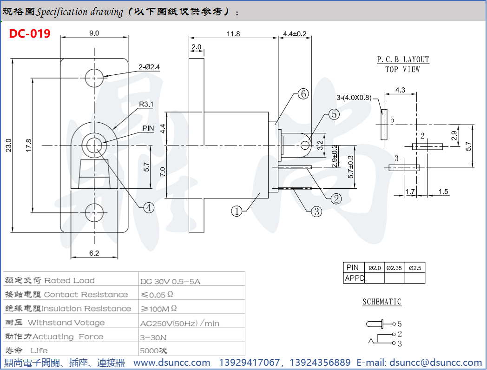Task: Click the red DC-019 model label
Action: click(x=30, y=33)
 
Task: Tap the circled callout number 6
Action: click(x=303, y=94)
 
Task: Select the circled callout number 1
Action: click(x=237, y=211)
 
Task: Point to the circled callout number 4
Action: click(x=148, y=208)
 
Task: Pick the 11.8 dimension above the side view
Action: click(x=233, y=34)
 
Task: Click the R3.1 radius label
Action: click(x=146, y=105)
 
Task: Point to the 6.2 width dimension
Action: click(x=94, y=253)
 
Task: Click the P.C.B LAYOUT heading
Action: click(x=403, y=59)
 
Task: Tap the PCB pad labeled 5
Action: click(x=384, y=125)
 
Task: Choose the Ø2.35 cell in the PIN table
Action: click(x=395, y=268)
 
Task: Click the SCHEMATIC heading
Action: click(x=382, y=302)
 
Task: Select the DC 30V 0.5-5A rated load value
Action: click(x=170, y=281)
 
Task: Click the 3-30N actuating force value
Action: click(x=153, y=337)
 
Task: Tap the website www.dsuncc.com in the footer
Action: click(x=172, y=363)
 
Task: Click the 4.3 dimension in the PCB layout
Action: click(x=400, y=90)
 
